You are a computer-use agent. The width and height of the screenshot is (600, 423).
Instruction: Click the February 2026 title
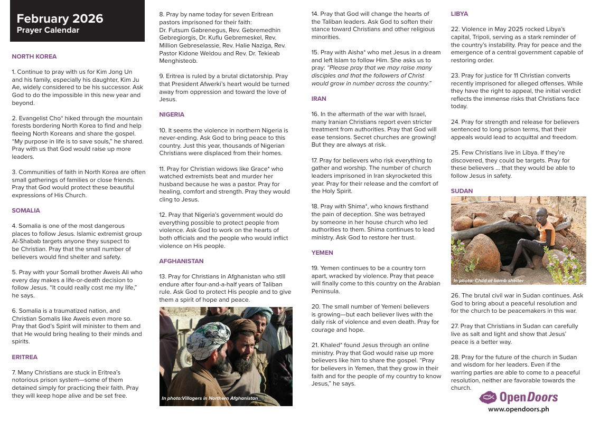point(60,19)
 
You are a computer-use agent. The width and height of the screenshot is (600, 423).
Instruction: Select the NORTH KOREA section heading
point(34,56)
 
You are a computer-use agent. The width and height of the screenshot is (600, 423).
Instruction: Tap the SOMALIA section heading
point(26,210)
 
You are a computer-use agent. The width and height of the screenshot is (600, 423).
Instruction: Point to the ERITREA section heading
point(24,357)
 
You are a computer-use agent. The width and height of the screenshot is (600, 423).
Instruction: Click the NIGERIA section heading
point(172,114)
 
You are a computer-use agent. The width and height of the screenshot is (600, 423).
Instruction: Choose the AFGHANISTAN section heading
point(181,261)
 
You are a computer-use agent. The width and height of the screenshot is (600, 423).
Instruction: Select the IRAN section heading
point(318,99)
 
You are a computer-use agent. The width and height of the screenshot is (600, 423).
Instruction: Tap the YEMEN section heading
point(322,253)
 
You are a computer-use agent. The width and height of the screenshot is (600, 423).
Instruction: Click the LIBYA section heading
point(459,14)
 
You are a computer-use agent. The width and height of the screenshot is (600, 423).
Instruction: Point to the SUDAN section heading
point(462,191)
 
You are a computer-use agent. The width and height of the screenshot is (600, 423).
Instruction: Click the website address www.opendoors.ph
point(518,409)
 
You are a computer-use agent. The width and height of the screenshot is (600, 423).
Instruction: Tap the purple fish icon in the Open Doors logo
point(487,397)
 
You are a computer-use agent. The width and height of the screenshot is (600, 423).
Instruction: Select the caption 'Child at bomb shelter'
point(488,281)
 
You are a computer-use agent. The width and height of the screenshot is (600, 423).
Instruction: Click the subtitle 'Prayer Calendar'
point(48,31)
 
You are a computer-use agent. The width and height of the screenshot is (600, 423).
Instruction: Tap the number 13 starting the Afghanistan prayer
point(163,276)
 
